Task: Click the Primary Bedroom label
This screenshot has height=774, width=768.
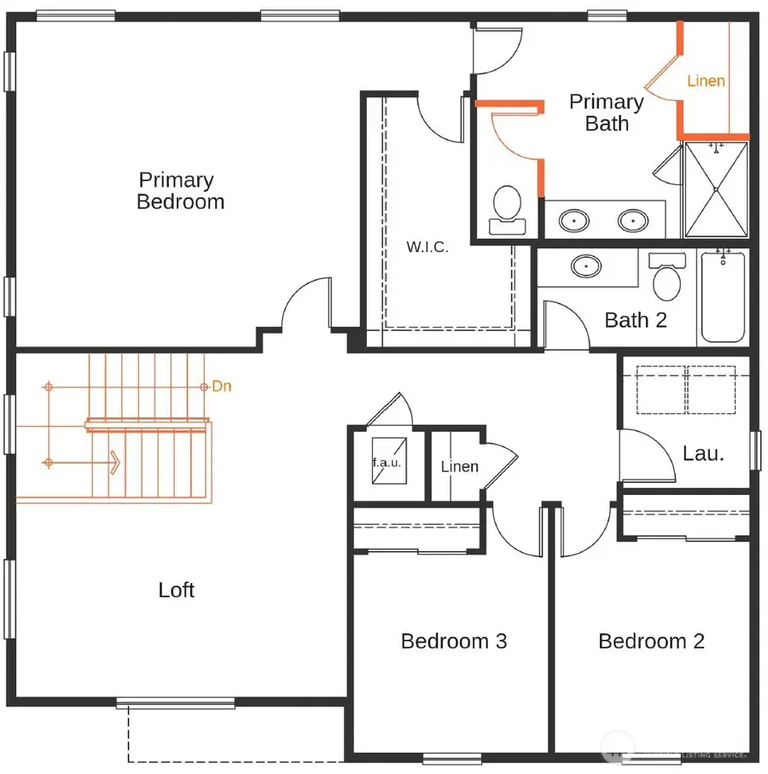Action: tap(181, 191)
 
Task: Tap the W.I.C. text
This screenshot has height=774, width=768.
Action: tap(427, 247)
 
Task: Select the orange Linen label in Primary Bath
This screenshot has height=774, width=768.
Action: tap(707, 81)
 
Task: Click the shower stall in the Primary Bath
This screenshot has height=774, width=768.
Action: tap(717, 189)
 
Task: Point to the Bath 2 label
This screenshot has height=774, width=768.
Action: tap(636, 320)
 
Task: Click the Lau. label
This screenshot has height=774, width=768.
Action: tap(703, 454)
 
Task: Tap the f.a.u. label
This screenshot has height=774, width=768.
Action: tap(387, 463)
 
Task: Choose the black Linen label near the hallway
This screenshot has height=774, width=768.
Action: tap(459, 467)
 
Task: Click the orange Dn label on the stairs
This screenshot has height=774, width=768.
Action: tap(222, 387)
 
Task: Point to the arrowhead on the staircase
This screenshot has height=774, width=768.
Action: tap(113, 463)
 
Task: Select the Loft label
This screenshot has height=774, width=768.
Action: tap(177, 590)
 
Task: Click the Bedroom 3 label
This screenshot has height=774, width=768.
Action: tap(454, 641)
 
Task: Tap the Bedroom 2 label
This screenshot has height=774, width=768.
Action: tap(652, 641)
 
